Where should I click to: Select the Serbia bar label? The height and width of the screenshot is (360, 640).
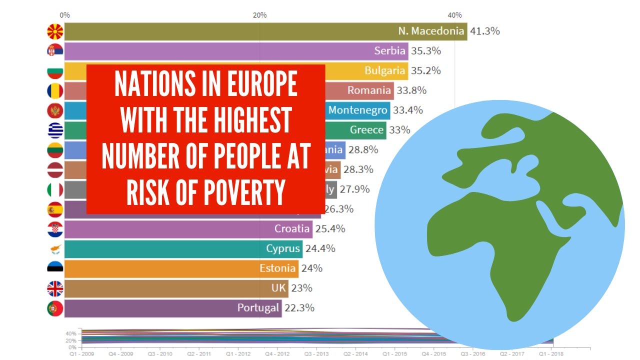coord(389,51)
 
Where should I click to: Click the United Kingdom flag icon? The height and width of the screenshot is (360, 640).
coord(55,288)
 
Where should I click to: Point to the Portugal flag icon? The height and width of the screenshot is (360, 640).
coord(55,308)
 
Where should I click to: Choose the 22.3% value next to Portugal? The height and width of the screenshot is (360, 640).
coord(299,308)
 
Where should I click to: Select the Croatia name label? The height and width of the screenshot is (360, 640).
coord(292,229)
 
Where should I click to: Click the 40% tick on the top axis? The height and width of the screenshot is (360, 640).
coord(454,15)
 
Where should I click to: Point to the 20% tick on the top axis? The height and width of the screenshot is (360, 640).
coord(259,15)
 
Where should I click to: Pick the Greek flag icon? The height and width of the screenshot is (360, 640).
coord(55,130)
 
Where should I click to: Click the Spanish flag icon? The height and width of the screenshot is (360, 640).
coord(55,209)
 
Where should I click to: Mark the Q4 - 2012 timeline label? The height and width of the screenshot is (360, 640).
coord(276,353)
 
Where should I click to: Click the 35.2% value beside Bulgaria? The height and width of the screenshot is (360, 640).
coord(425,71)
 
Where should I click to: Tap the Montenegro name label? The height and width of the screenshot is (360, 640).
coord(357,110)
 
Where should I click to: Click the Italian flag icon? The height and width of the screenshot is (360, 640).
coord(55,190)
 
